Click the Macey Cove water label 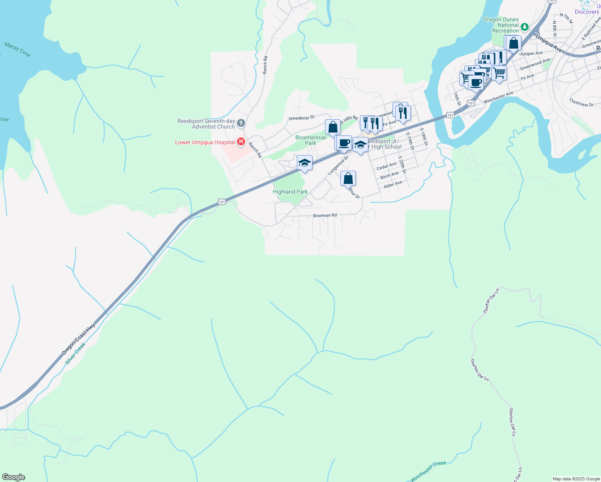(x=17, y=50)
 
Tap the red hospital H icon (x=241, y=141)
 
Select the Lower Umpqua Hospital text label (x=205, y=143)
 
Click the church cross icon (x=241, y=123)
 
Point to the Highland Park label (x=290, y=192)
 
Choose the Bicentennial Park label (x=311, y=140)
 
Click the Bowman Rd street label (x=325, y=216)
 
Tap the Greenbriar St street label (x=301, y=118)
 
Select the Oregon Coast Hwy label (x=78, y=339)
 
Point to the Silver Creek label (x=76, y=353)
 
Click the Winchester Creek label (x=428, y=471)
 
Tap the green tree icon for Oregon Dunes (x=525, y=28)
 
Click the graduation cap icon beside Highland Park (x=305, y=163)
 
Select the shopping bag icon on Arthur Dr (x=348, y=178)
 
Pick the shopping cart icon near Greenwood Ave (x=499, y=73)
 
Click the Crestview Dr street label (x=581, y=103)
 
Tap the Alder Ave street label (x=393, y=185)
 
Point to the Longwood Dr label (x=337, y=165)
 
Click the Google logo (x=14, y=477)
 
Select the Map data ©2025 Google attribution (x=576, y=479)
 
